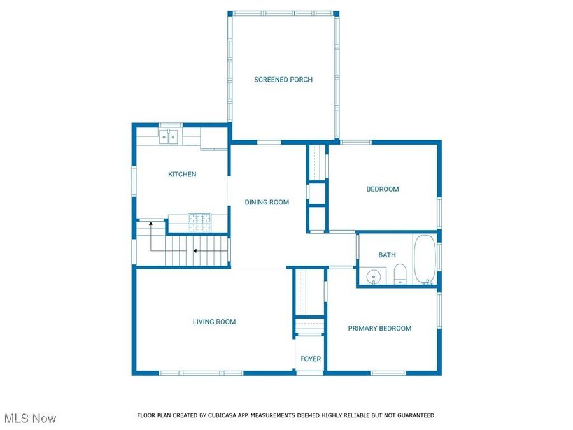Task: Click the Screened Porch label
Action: (x=283, y=80)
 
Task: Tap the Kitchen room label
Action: (x=182, y=175)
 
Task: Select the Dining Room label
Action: (x=267, y=203)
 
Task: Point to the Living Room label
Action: (x=214, y=322)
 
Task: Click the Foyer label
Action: (x=311, y=359)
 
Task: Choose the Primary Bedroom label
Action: (x=379, y=329)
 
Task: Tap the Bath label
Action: (x=387, y=255)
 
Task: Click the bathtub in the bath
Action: (x=424, y=260)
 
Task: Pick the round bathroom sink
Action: (x=374, y=276)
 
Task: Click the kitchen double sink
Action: (x=169, y=136)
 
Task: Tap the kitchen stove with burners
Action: (x=199, y=222)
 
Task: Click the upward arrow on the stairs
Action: (x=150, y=224)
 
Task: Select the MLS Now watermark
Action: (x=30, y=419)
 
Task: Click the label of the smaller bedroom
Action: (x=383, y=189)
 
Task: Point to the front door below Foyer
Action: (x=310, y=373)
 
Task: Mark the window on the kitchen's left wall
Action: (x=134, y=180)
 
